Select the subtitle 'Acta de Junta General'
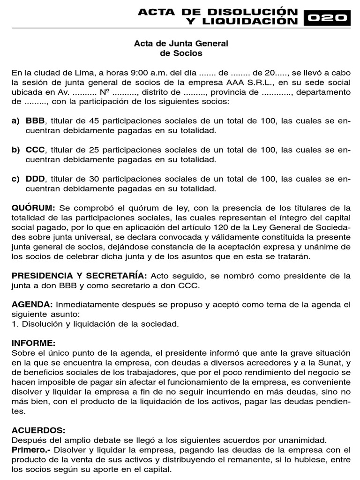pos(181,44)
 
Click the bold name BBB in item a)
pos(34,121)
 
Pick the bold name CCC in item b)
pos(35,150)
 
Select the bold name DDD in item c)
pos(35,179)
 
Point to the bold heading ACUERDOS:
pos(38,429)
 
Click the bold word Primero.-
pos(31,449)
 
